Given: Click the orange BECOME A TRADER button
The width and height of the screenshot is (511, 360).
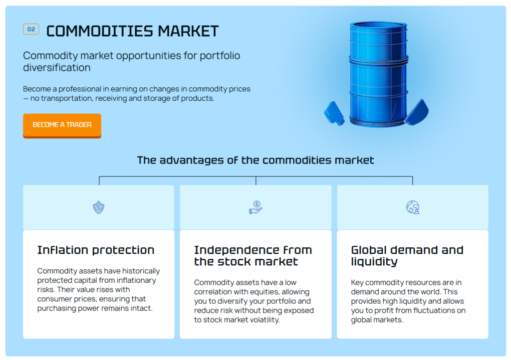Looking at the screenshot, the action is pyautogui.click(x=62, y=126).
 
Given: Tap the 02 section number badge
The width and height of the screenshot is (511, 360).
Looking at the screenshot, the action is pyautogui.click(x=31, y=29).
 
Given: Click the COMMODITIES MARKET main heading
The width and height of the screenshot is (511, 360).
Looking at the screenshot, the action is pyautogui.click(x=132, y=31).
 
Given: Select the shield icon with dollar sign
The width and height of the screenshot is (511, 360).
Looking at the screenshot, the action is pyautogui.click(x=98, y=207).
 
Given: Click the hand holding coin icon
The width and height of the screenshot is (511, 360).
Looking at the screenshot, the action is pyautogui.click(x=256, y=207).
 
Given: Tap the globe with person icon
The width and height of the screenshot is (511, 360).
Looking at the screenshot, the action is pyautogui.click(x=413, y=207).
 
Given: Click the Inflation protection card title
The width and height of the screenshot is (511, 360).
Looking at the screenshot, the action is pyautogui.click(x=96, y=250).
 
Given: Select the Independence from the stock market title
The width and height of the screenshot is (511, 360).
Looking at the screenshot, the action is pyautogui.click(x=253, y=256).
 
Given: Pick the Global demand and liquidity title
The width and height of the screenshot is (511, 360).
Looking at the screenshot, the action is pyautogui.click(x=407, y=256).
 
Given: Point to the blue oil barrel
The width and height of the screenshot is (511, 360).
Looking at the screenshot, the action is pyautogui.click(x=378, y=74).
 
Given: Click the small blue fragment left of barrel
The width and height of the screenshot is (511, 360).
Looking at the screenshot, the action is pyautogui.click(x=334, y=113).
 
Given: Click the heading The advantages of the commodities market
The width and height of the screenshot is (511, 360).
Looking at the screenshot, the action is pyautogui.click(x=255, y=160).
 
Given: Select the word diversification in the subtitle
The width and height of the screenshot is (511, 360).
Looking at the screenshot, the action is pyautogui.click(x=57, y=68).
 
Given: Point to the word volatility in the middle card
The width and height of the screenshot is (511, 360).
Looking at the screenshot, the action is pyautogui.click(x=264, y=320).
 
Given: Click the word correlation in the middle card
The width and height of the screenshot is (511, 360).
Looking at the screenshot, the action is pyautogui.click(x=211, y=292).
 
